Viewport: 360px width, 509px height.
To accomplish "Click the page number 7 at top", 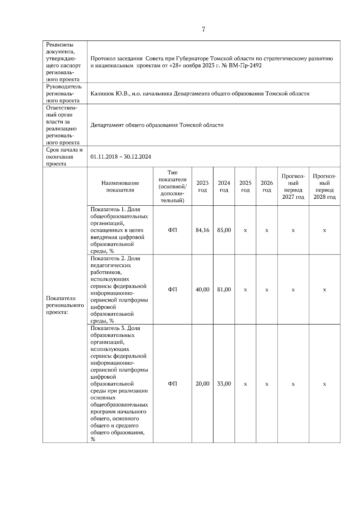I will (x=203, y=29).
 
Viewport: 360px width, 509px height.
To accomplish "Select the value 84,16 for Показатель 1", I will (x=202, y=230).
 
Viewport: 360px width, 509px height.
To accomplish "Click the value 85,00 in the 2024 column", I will (x=224, y=230).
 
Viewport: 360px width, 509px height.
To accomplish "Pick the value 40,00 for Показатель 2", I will (x=202, y=290).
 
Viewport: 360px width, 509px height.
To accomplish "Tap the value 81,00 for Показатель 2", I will (x=224, y=290).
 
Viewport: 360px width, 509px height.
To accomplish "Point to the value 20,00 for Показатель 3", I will (x=202, y=384).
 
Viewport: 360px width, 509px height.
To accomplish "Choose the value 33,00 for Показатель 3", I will (x=224, y=384).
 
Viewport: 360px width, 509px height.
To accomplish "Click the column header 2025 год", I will (x=245, y=186).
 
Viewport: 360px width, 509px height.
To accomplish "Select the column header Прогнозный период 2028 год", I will (x=325, y=186).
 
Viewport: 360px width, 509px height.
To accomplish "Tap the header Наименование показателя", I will (x=120, y=186).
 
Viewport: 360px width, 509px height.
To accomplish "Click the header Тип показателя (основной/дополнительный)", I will (x=172, y=186).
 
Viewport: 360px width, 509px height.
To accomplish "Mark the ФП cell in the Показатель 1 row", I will (x=172, y=230).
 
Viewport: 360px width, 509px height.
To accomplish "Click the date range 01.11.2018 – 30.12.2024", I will (x=121, y=157).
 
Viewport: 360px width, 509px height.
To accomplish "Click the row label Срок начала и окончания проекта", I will (x=64, y=157).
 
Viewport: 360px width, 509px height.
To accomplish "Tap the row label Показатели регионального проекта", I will (x=65, y=305).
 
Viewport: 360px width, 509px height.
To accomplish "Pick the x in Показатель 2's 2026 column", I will (x=267, y=290).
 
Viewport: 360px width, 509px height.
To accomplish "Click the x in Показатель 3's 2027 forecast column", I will (x=293, y=384).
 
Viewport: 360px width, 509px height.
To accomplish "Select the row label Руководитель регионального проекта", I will (x=64, y=94).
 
